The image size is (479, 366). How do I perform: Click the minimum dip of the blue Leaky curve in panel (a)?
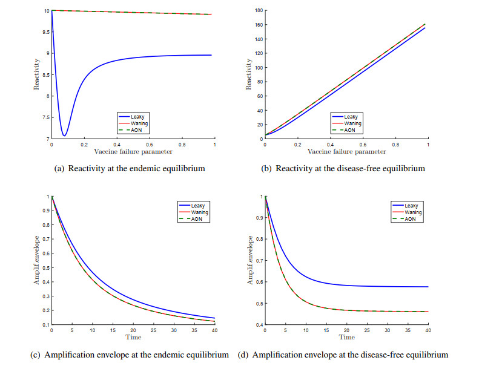(x=64, y=135)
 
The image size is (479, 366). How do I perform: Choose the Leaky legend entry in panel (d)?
(x=411, y=206)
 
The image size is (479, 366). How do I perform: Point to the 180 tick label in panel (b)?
(x=258, y=10)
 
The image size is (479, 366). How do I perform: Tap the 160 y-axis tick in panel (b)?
(x=258, y=25)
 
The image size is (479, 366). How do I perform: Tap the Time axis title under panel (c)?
(x=133, y=338)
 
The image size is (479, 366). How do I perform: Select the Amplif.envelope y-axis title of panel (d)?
(x=249, y=261)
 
